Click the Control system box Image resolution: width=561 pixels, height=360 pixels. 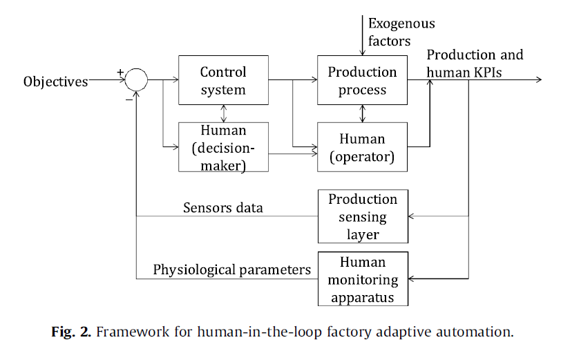[222, 80]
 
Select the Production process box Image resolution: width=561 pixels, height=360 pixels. [362, 80]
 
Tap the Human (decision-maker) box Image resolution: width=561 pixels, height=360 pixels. [222, 147]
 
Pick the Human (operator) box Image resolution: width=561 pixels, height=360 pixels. [362, 147]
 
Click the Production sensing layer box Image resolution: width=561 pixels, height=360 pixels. [362, 216]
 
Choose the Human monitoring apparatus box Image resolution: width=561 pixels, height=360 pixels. [362, 279]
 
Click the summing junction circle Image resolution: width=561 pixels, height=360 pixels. [136, 80]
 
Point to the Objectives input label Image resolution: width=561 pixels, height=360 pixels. [56, 82]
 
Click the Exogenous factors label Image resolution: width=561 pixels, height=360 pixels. [401, 32]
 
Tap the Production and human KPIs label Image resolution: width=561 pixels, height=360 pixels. [475, 63]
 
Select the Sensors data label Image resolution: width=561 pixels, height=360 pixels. [222, 208]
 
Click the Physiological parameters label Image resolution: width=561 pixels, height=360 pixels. [231, 269]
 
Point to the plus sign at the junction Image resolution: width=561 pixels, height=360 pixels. [120, 71]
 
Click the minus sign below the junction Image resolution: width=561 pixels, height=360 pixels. [129, 99]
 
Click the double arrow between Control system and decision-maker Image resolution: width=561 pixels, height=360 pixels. [222, 112]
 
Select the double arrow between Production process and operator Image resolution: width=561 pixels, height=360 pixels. [362, 112]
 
